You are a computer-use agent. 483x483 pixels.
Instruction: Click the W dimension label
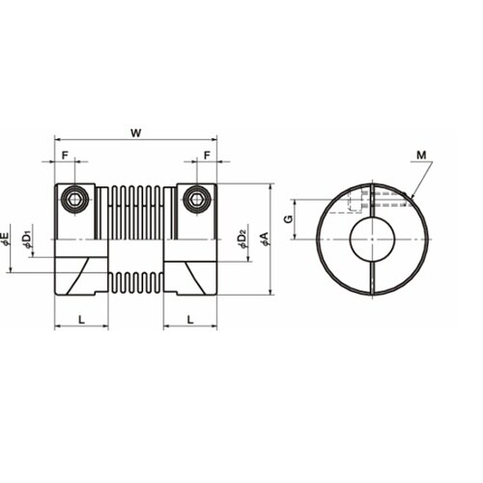(136, 132)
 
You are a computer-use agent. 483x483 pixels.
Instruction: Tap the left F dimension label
(65, 156)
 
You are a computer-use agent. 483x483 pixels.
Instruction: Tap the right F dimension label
(207, 156)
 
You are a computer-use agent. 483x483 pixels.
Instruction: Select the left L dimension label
(82, 320)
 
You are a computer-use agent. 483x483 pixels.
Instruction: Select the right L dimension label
(190, 320)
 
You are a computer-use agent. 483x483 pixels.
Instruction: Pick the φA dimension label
(266, 239)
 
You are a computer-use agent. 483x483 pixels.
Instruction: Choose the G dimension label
(289, 219)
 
